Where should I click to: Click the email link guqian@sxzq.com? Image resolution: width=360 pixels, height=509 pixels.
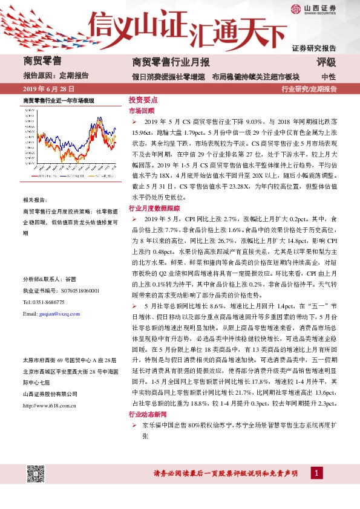click(x=59, y=314)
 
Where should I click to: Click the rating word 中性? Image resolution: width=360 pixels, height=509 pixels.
click(x=329, y=77)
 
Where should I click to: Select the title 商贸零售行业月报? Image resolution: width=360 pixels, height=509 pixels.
click(x=171, y=62)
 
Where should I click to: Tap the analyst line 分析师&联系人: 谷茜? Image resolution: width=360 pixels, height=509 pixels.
click(x=50, y=279)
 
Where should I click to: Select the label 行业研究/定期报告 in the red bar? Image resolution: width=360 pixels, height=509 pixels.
click(x=309, y=89)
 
